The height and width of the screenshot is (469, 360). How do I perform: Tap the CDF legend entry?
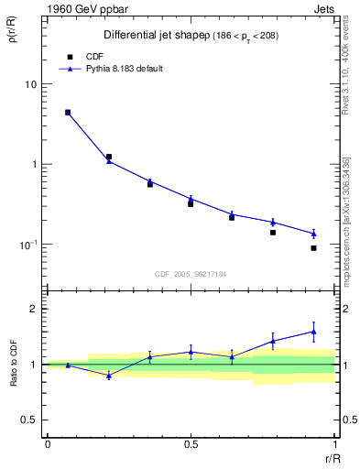tap(94, 56)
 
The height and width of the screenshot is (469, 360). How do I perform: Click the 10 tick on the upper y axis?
tap(30, 84)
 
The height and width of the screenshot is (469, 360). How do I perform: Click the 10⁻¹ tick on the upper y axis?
tap(27, 245)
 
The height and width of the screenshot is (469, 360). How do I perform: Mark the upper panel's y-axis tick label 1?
tap(33, 165)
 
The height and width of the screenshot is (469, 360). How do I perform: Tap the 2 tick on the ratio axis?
tap(33, 309)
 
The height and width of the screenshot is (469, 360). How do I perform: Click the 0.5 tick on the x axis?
tap(191, 444)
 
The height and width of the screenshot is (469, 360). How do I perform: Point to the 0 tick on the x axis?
tap(48, 444)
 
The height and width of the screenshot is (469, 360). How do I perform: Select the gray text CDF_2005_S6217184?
tap(191, 274)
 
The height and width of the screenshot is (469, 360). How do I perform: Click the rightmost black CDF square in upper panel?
tap(313, 248)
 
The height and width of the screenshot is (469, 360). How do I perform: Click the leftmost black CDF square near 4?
tap(68, 113)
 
